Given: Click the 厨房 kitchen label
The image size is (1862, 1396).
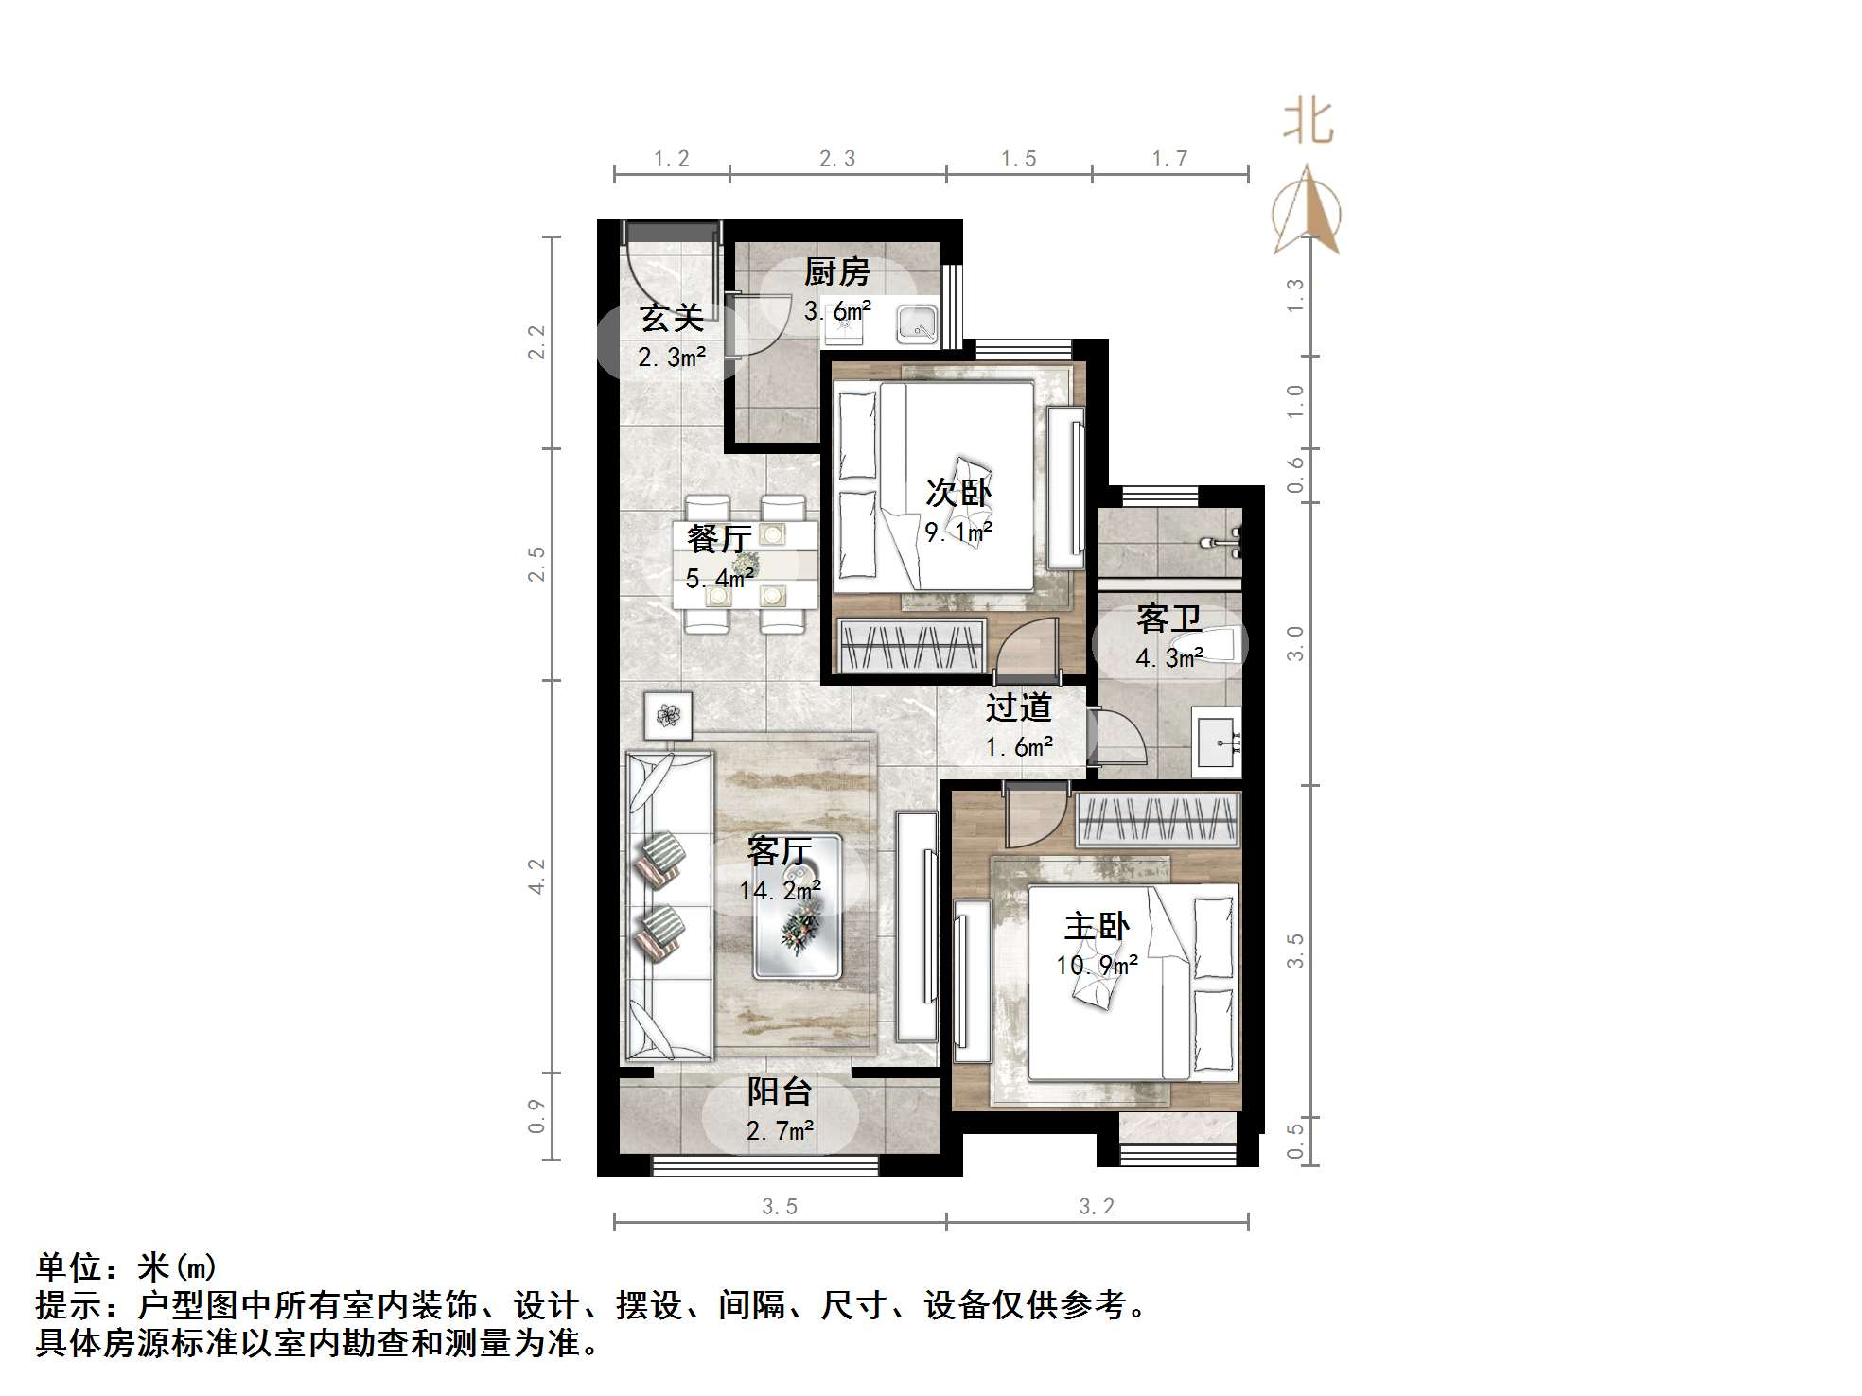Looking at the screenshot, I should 836,272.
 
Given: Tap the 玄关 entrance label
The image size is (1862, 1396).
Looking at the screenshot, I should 671,318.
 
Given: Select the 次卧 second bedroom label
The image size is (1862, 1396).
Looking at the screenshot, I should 957,492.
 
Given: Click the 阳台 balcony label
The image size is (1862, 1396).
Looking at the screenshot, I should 779,1091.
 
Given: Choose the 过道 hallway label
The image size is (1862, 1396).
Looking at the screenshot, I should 1018,707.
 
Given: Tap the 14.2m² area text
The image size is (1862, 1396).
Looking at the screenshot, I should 780,890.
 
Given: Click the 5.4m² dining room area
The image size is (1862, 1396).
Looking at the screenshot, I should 719,578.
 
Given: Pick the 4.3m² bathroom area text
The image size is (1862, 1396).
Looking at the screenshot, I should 1168,657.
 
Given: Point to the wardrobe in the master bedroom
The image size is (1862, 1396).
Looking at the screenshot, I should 1158,819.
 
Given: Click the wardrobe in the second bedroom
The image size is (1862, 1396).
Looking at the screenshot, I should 912,646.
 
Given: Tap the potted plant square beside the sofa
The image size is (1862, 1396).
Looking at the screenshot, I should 668,716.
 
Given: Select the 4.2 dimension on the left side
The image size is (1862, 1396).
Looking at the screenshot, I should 536,876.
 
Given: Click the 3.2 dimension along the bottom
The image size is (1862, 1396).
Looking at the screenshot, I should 1097,1206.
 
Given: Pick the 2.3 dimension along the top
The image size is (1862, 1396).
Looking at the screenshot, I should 837,159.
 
